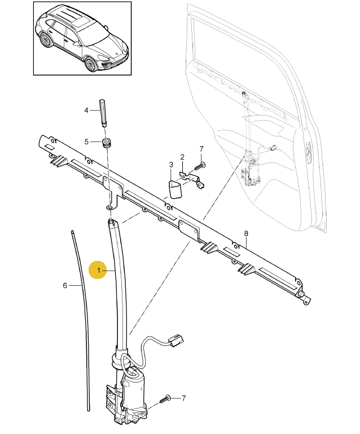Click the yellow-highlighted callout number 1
[98, 270]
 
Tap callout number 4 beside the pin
[86, 110]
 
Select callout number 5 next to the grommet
[86, 141]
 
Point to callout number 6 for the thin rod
[65, 285]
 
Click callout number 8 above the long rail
[246, 233]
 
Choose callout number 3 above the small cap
[171, 165]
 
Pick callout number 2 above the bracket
[182, 157]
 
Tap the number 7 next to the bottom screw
[183, 398]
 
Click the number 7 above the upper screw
[201, 149]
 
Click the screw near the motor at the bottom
[164, 399]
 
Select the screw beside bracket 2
[200, 166]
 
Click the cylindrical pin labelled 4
[103, 113]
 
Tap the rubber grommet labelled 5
[107, 143]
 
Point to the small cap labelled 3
[175, 189]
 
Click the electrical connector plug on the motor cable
[175, 340]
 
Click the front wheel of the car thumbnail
[90, 64]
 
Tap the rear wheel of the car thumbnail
[45, 40]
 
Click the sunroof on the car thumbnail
[81, 22]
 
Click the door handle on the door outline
[308, 151]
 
